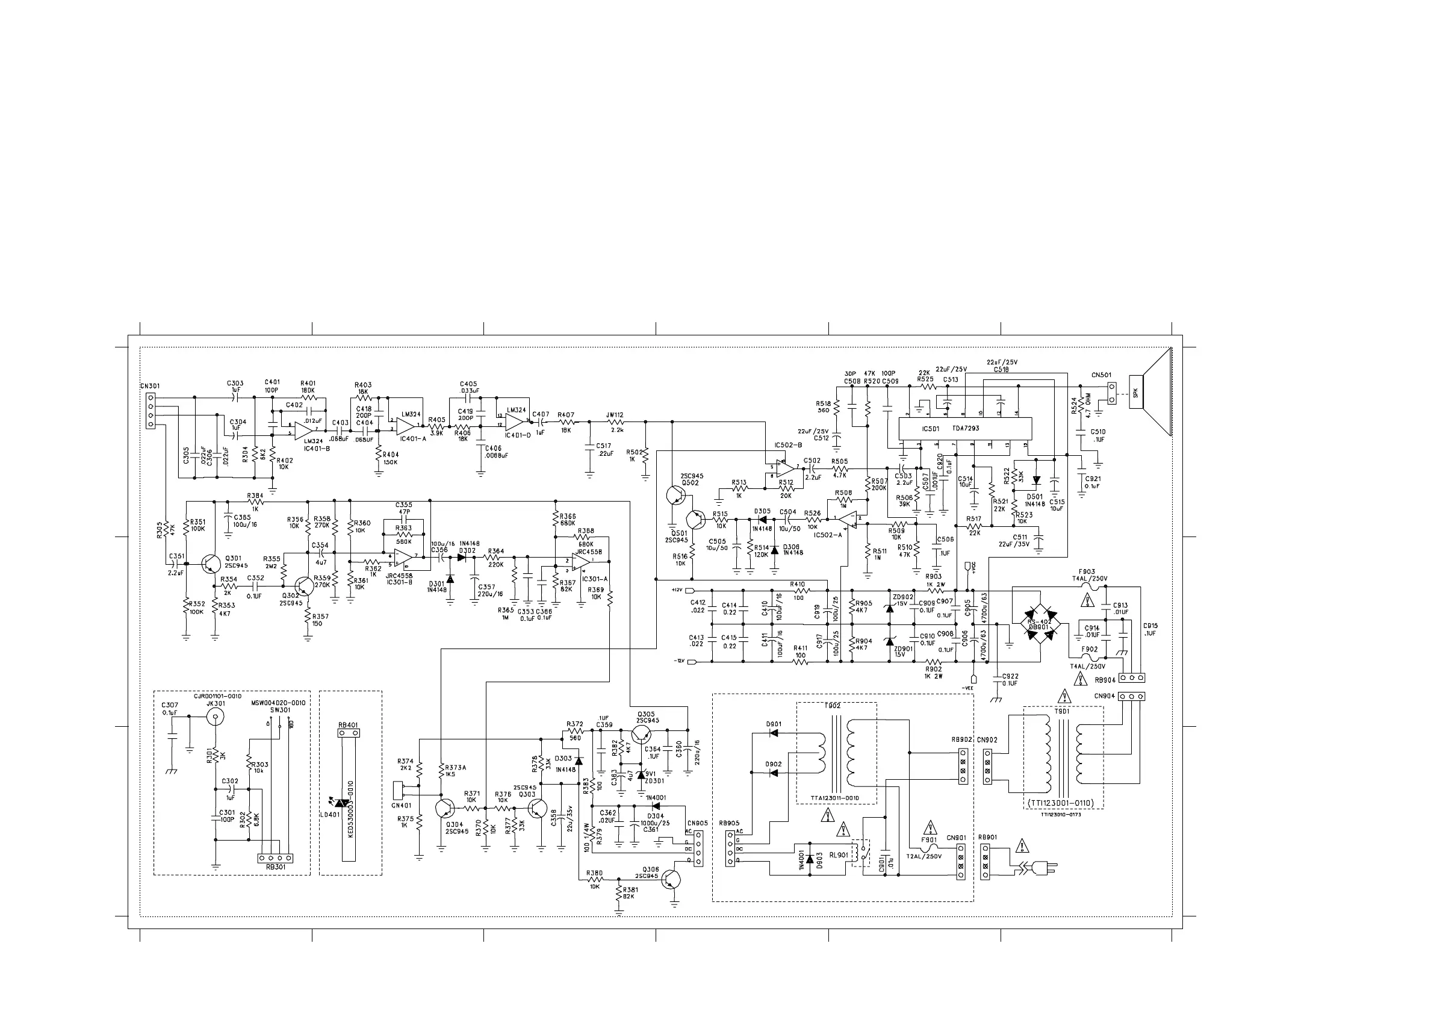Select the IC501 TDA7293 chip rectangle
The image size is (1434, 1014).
pos(964,429)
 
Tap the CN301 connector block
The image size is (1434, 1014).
pos(150,411)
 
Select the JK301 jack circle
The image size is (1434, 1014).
pos(216,717)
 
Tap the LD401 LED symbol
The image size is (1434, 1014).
pos(341,803)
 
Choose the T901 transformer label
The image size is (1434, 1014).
pos(1062,711)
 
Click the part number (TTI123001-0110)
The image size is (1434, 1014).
pos(1063,803)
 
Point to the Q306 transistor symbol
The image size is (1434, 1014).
pos(671,880)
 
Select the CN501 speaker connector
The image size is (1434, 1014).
pos(1112,393)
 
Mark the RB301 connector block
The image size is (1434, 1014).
pos(276,859)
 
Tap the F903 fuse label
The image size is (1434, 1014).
pos(1087,571)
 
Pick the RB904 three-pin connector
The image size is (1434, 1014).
pos(1132,678)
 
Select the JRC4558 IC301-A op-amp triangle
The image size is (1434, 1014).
pos(580,564)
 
